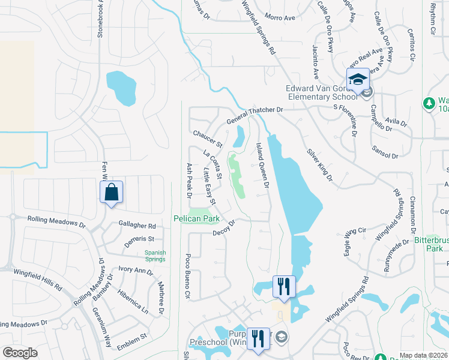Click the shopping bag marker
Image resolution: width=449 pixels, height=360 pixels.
point(112,193)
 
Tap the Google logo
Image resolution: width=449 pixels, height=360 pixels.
point(20,352)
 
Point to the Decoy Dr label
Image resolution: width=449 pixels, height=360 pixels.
point(223,227)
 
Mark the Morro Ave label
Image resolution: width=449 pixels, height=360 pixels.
point(280,17)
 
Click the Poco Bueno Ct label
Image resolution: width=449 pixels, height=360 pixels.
point(187,275)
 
